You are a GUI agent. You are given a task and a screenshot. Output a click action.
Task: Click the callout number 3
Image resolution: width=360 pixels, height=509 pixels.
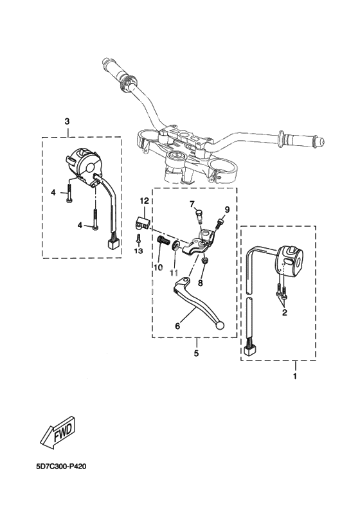67,121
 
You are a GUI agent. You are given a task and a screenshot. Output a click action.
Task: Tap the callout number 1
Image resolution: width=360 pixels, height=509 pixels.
295,377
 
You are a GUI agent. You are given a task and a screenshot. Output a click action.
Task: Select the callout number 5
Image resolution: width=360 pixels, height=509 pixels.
196,353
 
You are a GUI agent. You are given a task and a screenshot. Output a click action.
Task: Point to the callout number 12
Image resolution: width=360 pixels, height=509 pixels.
145,201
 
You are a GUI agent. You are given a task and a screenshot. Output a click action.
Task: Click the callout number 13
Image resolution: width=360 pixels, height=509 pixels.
139,251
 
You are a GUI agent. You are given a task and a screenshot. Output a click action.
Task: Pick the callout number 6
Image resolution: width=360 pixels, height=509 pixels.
177,326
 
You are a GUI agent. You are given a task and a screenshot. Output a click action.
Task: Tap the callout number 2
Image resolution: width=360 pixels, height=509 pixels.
284,313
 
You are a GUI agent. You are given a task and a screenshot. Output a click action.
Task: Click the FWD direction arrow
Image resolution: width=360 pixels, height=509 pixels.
59,431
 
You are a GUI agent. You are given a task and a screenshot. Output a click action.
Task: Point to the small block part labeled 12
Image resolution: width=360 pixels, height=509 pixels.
141,222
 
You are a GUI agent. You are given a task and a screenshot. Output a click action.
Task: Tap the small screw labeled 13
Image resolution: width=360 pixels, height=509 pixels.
138,238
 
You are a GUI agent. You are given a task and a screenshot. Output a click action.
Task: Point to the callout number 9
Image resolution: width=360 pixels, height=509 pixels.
227,210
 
